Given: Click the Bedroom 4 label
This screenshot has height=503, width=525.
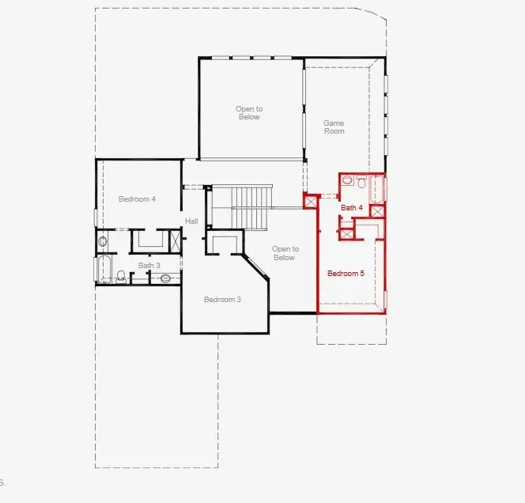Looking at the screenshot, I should (137, 199).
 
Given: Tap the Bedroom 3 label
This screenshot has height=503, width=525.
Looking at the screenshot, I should (222, 299).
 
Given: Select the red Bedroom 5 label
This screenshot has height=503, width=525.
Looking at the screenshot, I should (346, 274).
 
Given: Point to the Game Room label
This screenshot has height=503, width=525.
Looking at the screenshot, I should (334, 127).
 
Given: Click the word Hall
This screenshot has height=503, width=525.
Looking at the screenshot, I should (191, 221).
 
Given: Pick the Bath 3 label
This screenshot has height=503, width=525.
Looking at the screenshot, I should (149, 266).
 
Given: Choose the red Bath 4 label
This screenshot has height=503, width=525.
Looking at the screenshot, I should (352, 207).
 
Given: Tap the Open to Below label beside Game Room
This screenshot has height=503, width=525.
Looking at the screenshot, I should (248, 113).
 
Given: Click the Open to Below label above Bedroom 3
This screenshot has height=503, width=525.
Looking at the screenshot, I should (284, 253).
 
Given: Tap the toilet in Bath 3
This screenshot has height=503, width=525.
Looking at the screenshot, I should (121, 276).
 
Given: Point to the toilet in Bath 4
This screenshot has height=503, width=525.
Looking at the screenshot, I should (361, 183).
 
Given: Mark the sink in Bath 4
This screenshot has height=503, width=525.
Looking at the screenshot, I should (347, 181).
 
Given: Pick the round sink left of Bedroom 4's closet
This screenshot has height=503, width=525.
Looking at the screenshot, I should (102, 241).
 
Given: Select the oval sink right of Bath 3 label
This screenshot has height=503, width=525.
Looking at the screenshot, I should (166, 278).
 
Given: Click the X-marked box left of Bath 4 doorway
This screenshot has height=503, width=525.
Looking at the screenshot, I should (311, 202).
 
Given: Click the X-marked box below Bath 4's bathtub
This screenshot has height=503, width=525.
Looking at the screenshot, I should (377, 211).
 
